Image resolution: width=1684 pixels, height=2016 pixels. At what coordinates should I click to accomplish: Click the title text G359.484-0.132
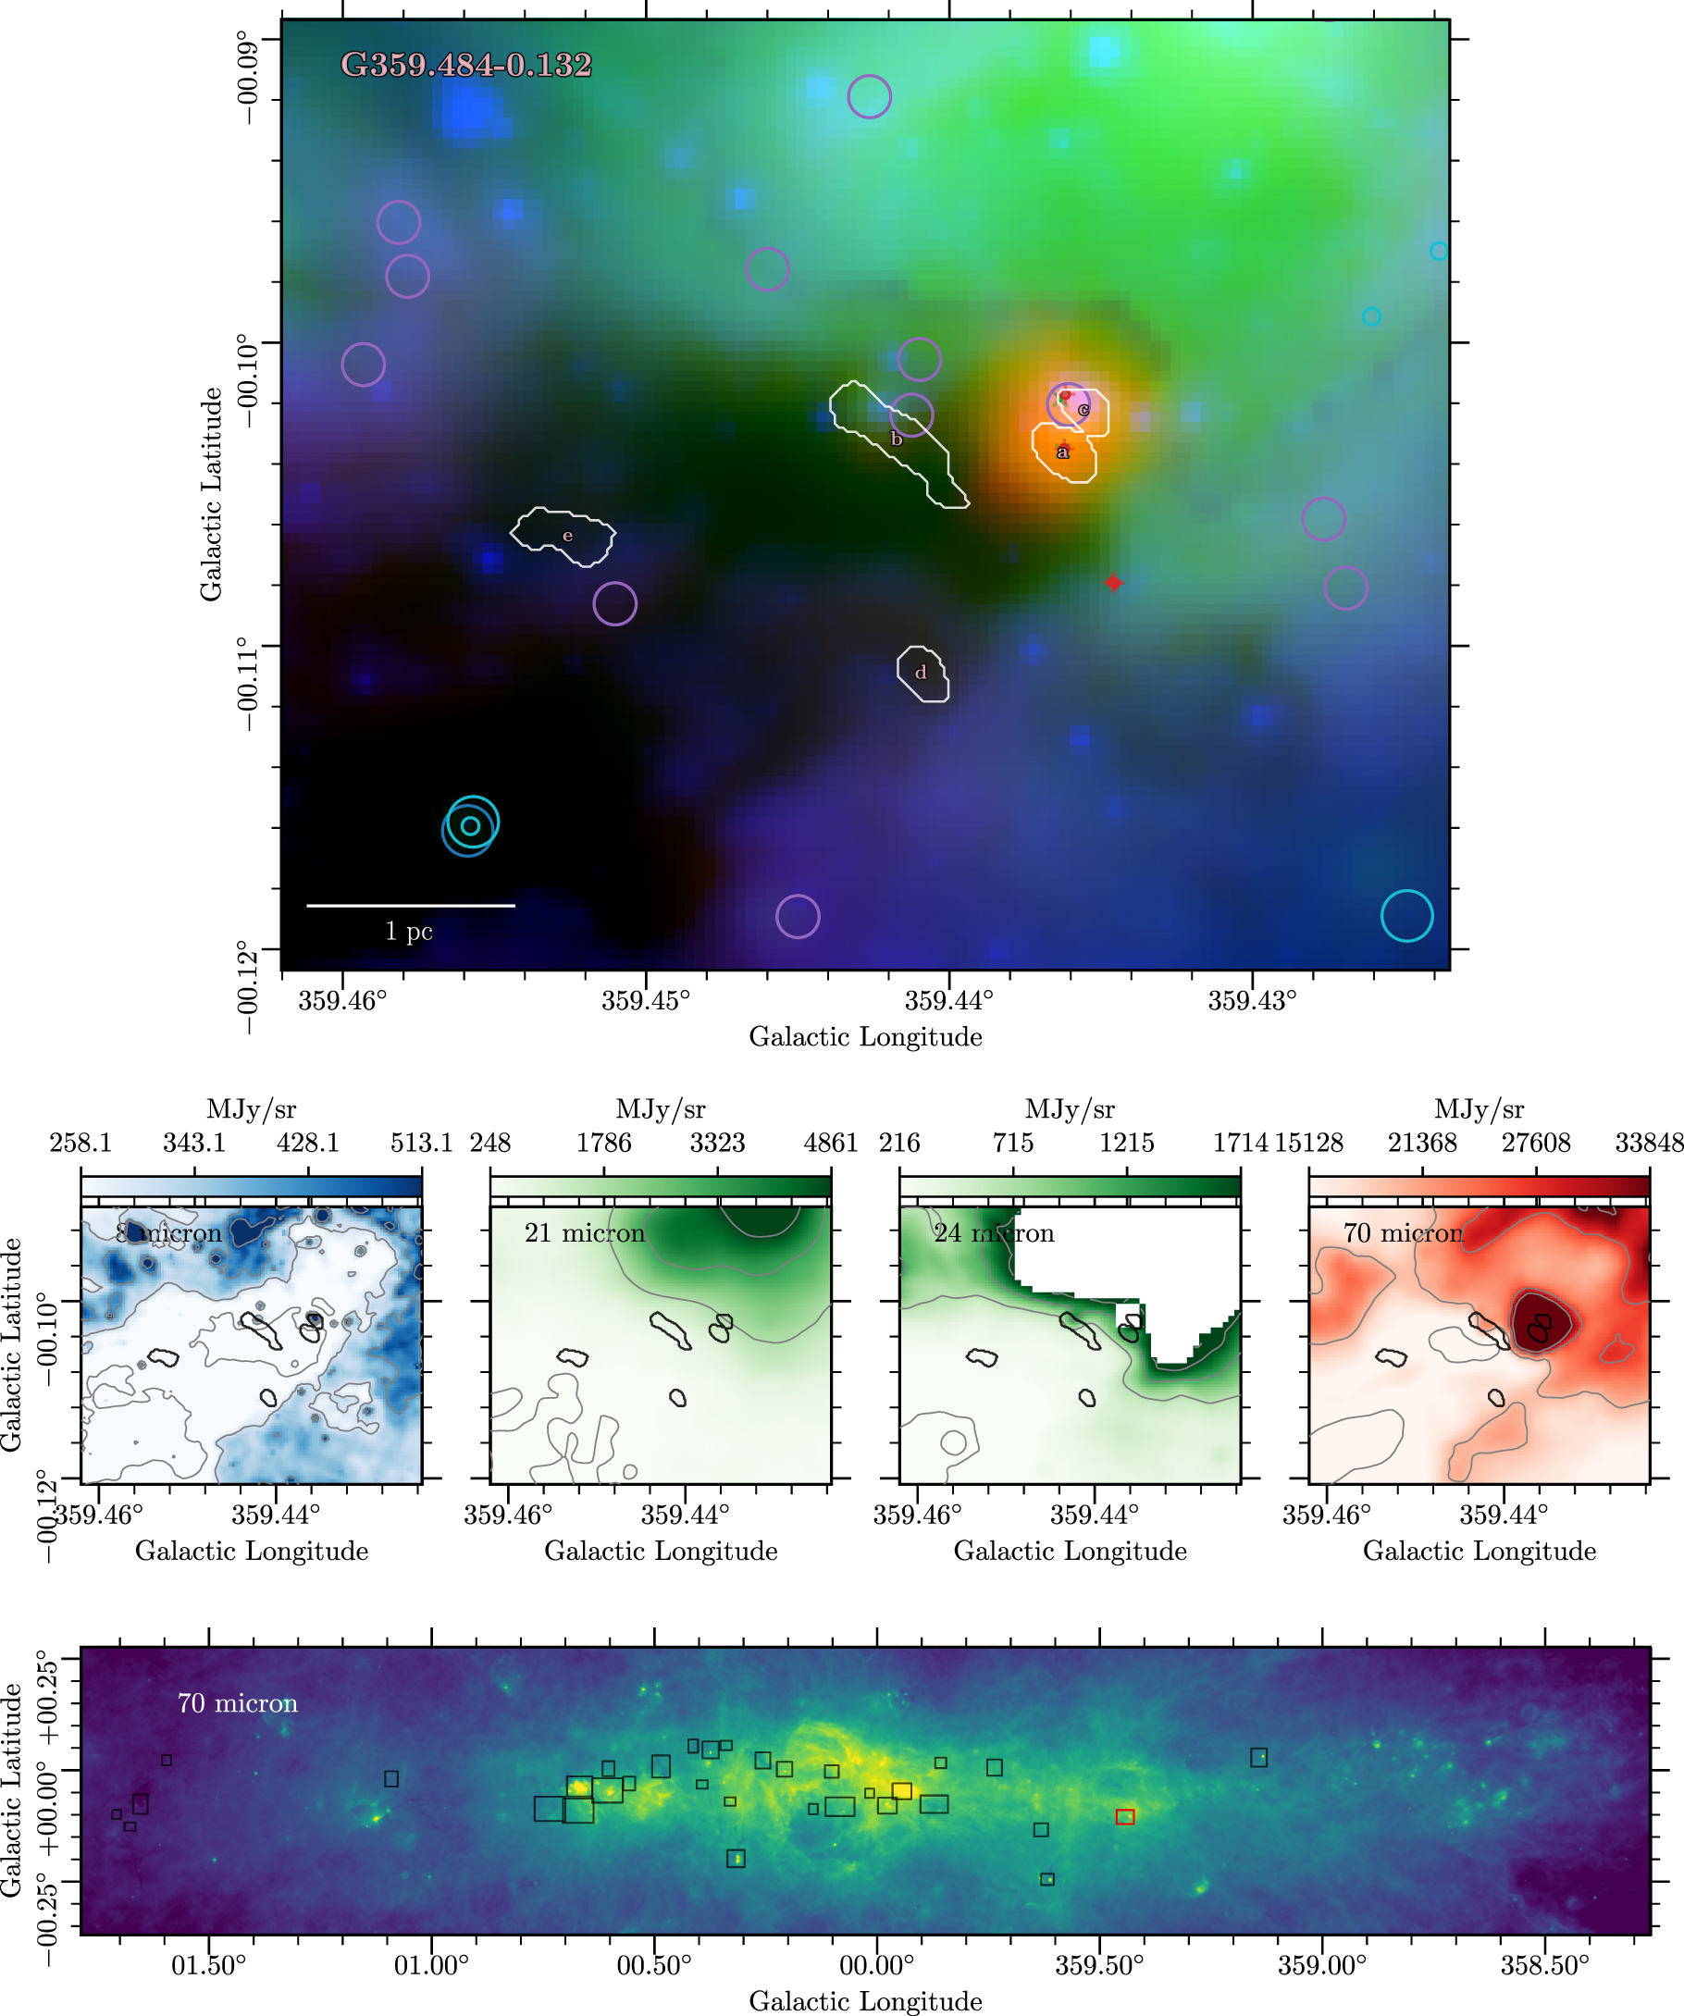(466, 66)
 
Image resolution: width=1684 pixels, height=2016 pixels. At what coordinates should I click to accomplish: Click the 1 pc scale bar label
(409, 930)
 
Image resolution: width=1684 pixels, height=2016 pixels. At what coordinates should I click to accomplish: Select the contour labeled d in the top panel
(922, 673)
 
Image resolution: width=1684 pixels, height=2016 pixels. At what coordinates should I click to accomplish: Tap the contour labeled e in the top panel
(563, 535)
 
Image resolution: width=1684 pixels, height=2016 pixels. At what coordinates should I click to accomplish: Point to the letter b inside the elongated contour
(897, 439)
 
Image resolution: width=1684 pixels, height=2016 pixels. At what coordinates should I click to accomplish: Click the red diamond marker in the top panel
(1113, 583)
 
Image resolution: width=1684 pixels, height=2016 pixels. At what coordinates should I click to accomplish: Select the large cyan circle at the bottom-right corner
(1406, 916)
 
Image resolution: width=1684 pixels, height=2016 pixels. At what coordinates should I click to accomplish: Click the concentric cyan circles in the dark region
(470, 825)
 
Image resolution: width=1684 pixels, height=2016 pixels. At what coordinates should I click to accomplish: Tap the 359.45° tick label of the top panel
(645, 1001)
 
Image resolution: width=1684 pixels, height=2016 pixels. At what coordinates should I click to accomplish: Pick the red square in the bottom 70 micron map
(1125, 1816)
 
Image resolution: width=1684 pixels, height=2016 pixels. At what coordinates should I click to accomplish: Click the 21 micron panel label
(584, 1233)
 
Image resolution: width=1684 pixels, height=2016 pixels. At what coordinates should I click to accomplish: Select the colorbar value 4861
(832, 1144)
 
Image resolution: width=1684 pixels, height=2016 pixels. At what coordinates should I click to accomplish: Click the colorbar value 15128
(1309, 1144)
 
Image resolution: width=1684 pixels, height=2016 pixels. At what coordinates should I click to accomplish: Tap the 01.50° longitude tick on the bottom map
(208, 1965)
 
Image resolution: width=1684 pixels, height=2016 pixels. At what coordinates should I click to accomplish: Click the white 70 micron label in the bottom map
(237, 1703)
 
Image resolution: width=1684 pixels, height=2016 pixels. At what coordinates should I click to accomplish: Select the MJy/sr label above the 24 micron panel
(1070, 1109)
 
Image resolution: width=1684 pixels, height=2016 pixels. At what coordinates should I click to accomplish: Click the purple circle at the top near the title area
(869, 97)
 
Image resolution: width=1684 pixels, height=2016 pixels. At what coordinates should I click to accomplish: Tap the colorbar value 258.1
(80, 1144)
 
